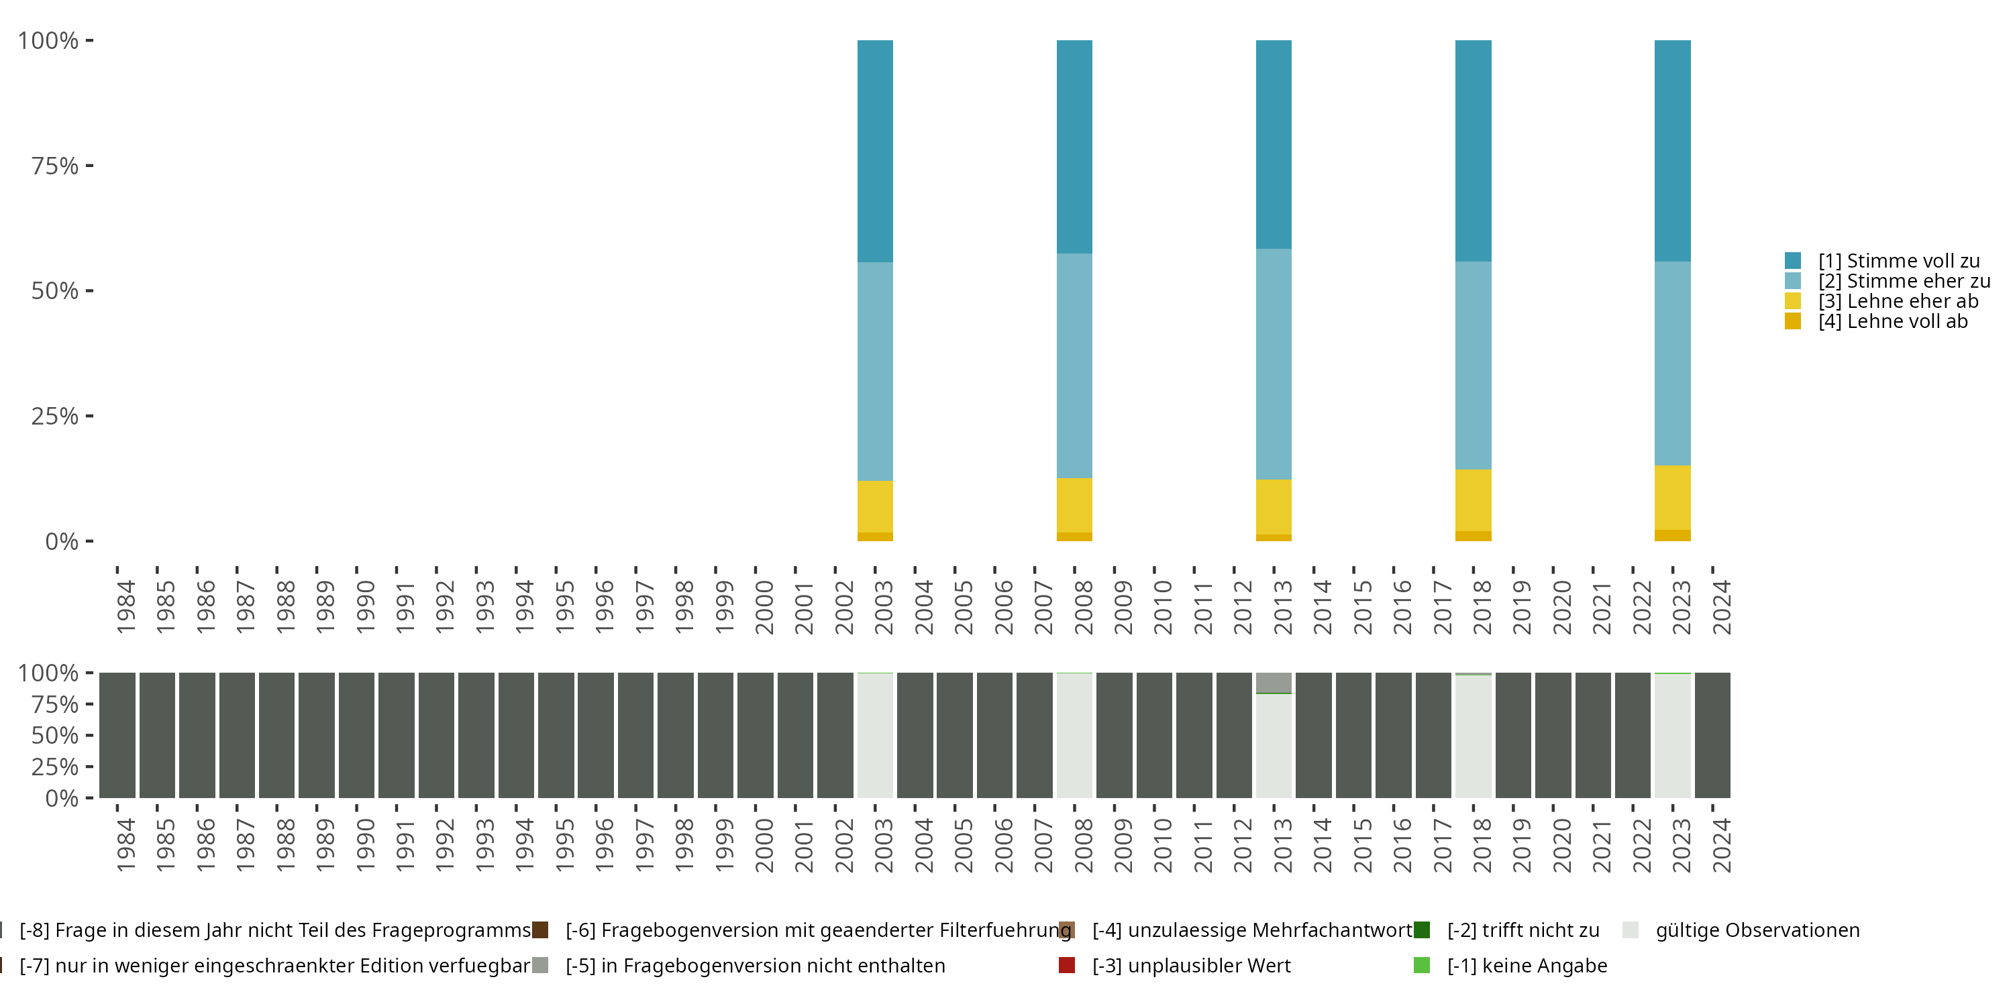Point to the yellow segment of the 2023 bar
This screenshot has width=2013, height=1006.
pyautogui.click(x=1671, y=498)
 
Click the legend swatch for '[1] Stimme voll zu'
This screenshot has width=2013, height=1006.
pyautogui.click(x=1793, y=261)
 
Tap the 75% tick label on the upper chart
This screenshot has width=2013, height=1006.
pyautogui.click(x=55, y=166)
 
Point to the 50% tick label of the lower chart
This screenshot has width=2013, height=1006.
pyautogui.click(x=55, y=736)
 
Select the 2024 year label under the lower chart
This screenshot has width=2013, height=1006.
pyautogui.click(x=1722, y=845)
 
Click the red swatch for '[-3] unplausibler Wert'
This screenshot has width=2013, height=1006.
pyautogui.click(x=1067, y=965)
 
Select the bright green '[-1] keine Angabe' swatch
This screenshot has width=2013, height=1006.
pyautogui.click(x=1421, y=965)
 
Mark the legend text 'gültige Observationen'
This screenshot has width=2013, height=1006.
pyautogui.click(x=1757, y=930)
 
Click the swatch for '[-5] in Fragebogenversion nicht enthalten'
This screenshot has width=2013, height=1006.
pyautogui.click(x=540, y=965)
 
